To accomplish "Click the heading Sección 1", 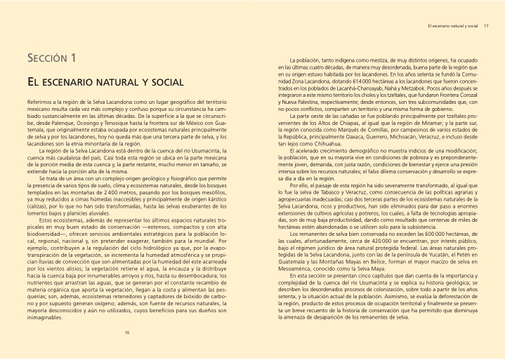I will coord(53,57).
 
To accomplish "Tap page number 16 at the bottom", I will coord(127,332).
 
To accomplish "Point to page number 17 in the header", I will coord(486,27).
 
